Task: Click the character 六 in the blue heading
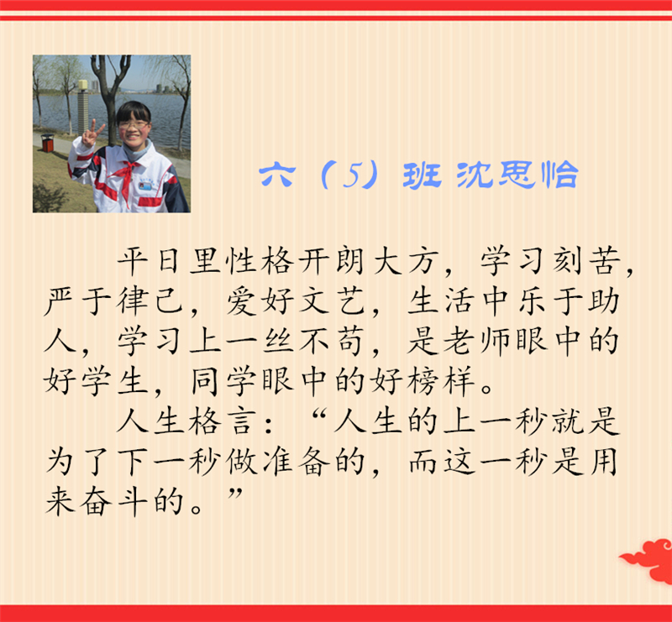click(277, 175)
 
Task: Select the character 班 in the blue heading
click(422, 175)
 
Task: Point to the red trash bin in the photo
click(48, 143)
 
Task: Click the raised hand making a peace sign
click(92, 133)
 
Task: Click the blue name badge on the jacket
click(145, 186)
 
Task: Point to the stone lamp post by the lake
click(82, 107)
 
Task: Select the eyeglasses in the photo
click(134, 125)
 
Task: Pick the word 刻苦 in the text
click(586, 261)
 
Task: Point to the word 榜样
click(442, 380)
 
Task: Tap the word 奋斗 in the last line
click(115, 501)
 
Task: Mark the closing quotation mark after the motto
click(235, 494)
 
